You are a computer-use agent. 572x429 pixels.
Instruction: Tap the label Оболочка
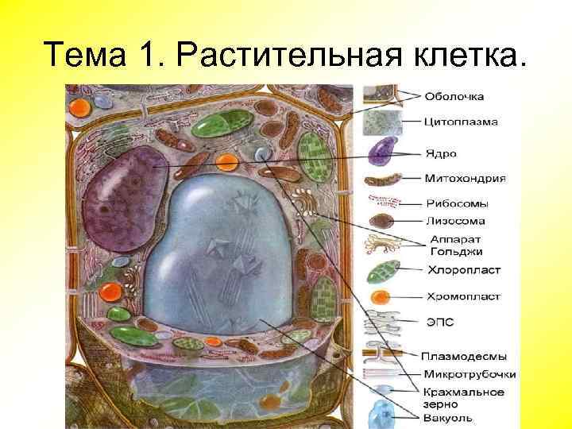[x=454, y=97]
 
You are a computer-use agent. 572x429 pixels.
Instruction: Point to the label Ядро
[x=442, y=152]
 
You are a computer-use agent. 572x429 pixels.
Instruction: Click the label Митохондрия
[x=466, y=178]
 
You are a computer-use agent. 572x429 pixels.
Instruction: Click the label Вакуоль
[x=447, y=417]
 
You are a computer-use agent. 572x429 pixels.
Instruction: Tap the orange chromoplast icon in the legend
[x=381, y=299]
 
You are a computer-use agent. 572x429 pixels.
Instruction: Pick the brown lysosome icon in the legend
[x=382, y=221]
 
